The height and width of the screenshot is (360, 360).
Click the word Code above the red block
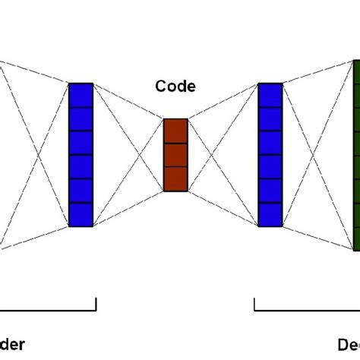pos(175,87)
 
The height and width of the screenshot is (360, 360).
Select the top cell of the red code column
pos(175,131)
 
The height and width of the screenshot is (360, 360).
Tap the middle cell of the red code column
pos(175,154)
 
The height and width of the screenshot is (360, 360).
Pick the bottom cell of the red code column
pos(175,178)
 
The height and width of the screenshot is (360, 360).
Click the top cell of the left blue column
pos(81,95)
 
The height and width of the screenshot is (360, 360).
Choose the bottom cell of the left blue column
pos(81,214)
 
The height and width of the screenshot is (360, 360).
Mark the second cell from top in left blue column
pos(81,119)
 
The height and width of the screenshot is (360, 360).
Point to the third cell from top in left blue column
pos(81,143)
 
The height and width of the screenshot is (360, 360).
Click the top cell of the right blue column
pos(270,95)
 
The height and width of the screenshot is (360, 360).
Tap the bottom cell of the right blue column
pos(270,214)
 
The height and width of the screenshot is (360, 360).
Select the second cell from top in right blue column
pos(270,119)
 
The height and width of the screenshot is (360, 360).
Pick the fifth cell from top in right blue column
pos(270,191)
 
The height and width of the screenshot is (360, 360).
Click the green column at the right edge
pos(356,155)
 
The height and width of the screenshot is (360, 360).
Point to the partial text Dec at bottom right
pos(349,344)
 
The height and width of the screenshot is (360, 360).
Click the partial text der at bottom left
pos(13,344)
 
